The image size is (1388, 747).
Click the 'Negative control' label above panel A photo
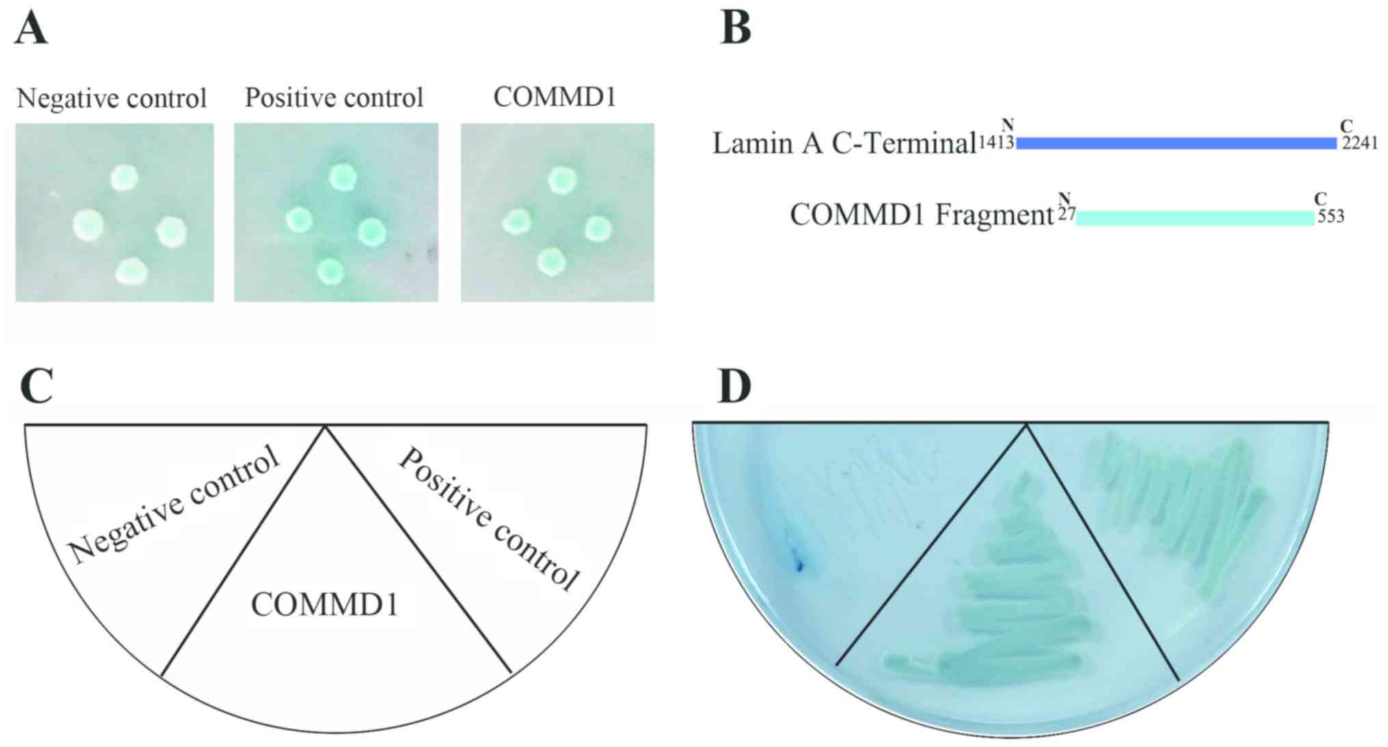coord(111,98)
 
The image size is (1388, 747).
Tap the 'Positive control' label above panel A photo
coord(334,98)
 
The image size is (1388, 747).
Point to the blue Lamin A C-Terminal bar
coord(1175,143)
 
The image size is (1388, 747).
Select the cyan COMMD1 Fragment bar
coord(1195,217)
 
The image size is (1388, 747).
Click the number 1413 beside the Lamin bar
coord(996,143)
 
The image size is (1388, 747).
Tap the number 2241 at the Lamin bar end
coord(1359,143)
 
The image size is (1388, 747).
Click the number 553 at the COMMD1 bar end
coord(1331,217)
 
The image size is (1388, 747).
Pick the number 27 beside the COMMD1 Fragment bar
coord(1066,215)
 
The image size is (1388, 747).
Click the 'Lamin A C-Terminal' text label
coord(844,143)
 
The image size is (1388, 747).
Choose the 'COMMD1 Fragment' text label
coord(921,215)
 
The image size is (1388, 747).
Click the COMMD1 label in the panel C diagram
coord(325,605)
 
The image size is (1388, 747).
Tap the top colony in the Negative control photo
coord(124,178)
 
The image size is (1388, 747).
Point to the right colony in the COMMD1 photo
coord(597,229)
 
